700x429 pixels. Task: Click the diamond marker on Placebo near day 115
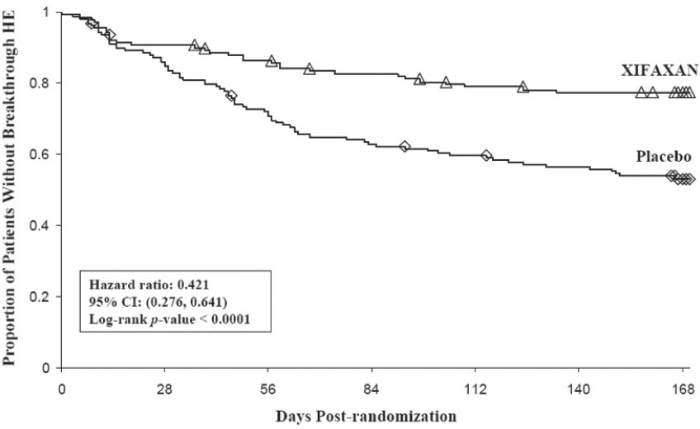coord(486,155)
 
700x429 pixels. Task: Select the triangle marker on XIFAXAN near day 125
coord(523,87)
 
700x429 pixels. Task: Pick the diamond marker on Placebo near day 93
coord(404,146)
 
